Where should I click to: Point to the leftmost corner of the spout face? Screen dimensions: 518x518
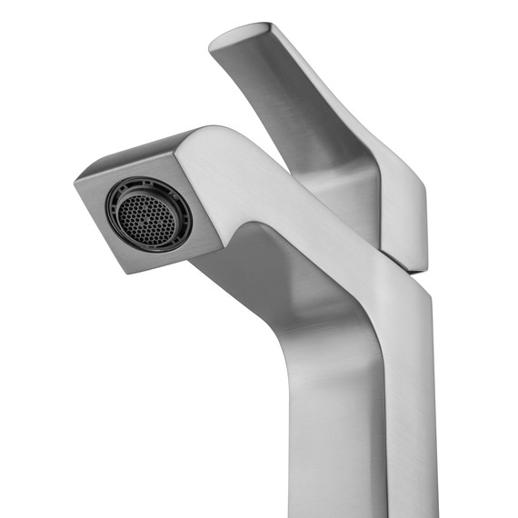pos(75,181)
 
